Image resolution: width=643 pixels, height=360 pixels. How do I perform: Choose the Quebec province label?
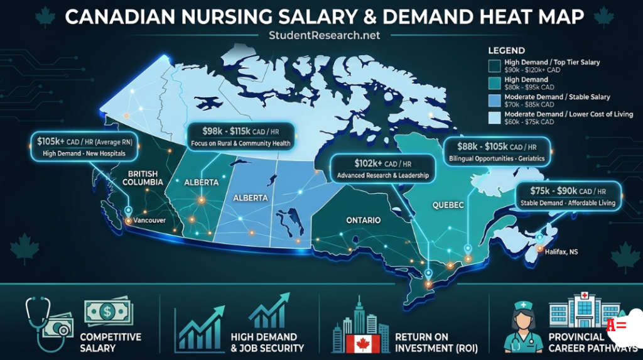(x=448, y=205)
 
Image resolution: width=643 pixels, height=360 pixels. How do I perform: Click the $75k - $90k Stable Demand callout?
(x=568, y=196)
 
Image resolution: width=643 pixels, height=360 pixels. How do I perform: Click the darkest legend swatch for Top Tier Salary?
(x=494, y=65)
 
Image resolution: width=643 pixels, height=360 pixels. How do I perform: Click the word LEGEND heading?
(x=506, y=50)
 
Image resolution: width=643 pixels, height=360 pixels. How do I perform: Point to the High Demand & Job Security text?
(x=267, y=342)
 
